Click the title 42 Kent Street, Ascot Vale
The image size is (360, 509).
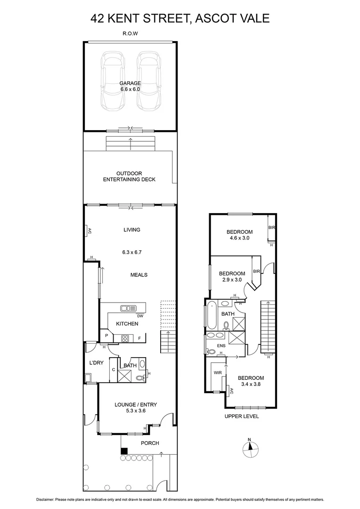180,18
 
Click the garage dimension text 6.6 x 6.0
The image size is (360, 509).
130,90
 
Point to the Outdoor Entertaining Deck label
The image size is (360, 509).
130,176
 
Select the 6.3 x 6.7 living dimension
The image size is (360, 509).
132,252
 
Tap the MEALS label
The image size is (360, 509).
139,275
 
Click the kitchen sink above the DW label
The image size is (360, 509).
128,308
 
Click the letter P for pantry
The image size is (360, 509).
106,336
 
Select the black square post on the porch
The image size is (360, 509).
124,451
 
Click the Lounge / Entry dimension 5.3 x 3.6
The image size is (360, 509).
136,411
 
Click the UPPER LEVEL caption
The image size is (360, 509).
242,416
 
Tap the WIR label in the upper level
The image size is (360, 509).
218,373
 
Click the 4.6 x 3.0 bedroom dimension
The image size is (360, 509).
239,238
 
